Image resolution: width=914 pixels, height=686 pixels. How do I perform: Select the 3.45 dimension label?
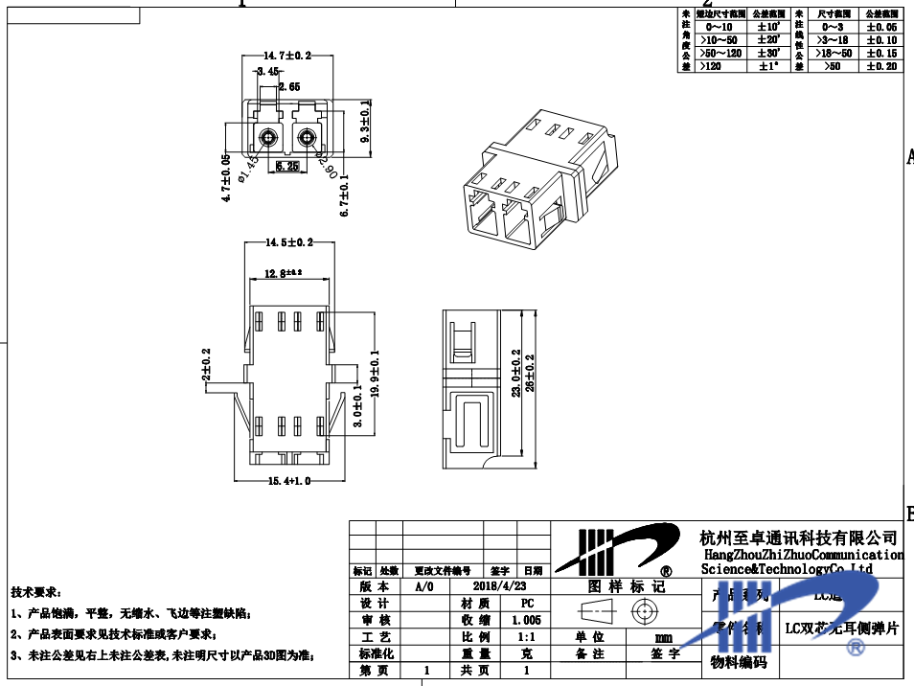pyautogui.click(x=266, y=72)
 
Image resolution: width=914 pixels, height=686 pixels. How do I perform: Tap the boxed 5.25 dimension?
pyautogui.click(x=286, y=166)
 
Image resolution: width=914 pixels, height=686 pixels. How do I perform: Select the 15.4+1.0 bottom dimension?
pyautogui.click(x=288, y=480)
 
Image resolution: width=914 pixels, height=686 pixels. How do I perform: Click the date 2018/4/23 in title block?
pyautogui.click(x=500, y=585)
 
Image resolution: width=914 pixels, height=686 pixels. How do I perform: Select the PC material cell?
pyautogui.click(x=527, y=604)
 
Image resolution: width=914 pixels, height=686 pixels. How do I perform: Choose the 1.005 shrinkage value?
pyautogui.click(x=527, y=621)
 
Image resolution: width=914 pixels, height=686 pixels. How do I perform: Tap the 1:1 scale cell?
pyautogui.click(x=527, y=637)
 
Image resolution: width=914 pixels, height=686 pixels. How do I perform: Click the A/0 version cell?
pyautogui.click(x=424, y=585)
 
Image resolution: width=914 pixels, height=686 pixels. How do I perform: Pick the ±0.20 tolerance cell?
pyautogui.click(x=881, y=66)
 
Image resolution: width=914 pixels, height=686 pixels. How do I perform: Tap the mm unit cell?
pyautogui.click(x=663, y=637)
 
